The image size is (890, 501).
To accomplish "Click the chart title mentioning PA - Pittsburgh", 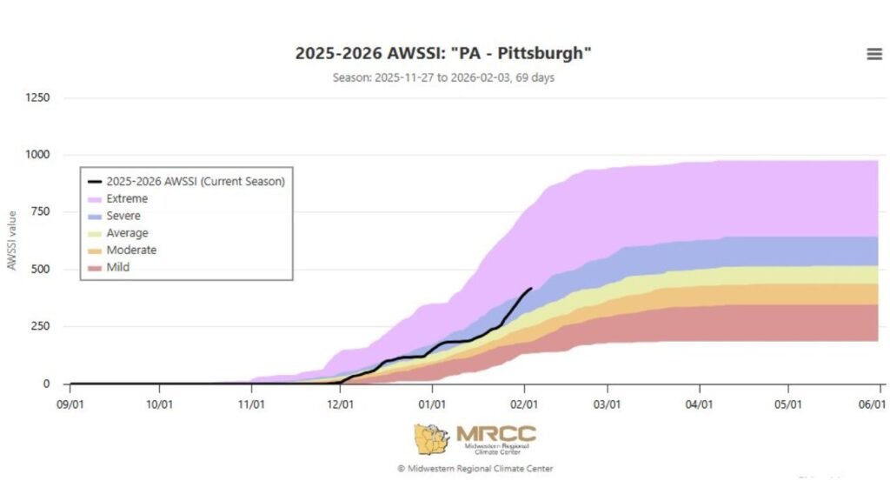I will tap(443, 53).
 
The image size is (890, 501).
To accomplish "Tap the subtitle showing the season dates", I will tap(443, 77).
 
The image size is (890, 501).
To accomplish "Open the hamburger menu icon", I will tap(874, 54).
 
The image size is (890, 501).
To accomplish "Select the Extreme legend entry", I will tap(127, 198).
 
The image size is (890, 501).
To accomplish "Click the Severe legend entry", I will tap(123, 216).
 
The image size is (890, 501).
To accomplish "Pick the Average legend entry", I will tap(127, 233).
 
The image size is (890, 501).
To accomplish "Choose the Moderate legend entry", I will tap(131, 250).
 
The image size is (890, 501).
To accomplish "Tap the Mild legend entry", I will tap(118, 268).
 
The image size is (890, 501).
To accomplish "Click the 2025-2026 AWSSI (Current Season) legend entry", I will tap(196, 182).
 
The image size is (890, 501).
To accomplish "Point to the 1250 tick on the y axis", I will tap(37, 97).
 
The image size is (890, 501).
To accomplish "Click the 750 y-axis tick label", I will tap(41, 212).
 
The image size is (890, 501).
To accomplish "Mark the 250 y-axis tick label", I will tap(41, 326).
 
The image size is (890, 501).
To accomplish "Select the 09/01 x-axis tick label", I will tap(70, 404).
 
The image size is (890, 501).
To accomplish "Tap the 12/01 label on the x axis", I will tap(341, 404).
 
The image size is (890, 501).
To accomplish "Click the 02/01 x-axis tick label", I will tap(524, 404).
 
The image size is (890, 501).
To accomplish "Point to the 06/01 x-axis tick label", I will tap(872, 404).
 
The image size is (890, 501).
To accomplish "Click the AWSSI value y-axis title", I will tap(12, 240).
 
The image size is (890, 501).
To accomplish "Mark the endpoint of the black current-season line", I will tap(531, 289).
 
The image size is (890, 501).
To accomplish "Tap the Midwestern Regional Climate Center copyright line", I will tap(475, 469).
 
